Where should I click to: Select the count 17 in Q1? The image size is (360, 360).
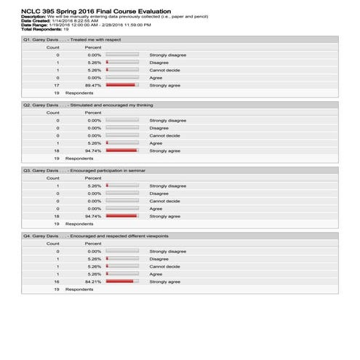click(57, 85)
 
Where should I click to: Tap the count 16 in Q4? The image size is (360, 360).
click(57, 281)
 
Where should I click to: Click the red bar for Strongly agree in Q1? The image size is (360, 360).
click(121, 85)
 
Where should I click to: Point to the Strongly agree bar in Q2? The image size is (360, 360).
click(121, 151)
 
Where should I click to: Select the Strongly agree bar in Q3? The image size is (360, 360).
click(121, 216)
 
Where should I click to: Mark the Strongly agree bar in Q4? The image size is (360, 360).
click(120, 281)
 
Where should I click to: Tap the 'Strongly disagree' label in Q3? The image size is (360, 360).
click(167, 185)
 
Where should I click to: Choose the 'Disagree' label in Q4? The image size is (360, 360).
click(159, 259)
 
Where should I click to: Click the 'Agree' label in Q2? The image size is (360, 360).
click(156, 143)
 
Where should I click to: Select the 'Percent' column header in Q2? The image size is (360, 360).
click(93, 113)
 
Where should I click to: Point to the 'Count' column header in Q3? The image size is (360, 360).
click(53, 178)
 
